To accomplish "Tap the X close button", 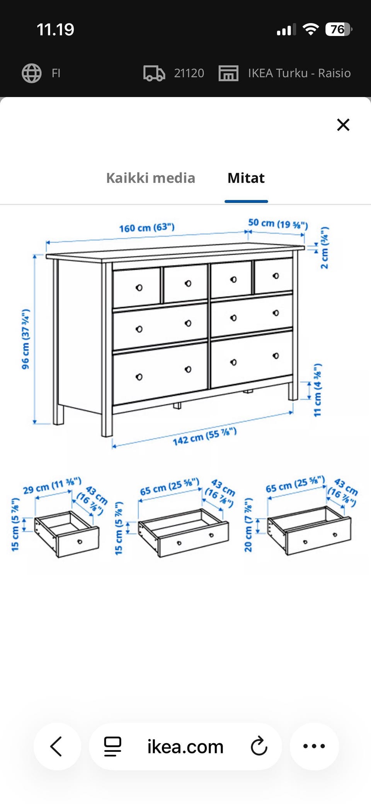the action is [343, 125].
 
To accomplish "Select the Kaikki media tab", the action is [151, 178].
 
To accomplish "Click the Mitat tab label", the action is [246, 178].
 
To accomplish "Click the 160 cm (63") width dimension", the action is [147, 227].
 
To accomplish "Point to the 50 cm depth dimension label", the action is [278, 224].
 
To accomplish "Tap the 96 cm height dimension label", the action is [26, 339].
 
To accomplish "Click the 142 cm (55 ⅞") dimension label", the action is [204, 436].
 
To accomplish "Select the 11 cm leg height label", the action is [317, 390].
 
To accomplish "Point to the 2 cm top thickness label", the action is [325, 248].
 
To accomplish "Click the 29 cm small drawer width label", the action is [52, 486].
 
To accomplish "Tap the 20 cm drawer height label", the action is [248, 525].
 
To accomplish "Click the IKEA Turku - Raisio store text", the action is [300, 73].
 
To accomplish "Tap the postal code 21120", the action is [189, 73].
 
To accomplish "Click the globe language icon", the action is [32, 73].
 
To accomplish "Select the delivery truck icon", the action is [154, 73].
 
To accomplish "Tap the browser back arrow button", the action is [57, 746].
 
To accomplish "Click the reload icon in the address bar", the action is [259, 746].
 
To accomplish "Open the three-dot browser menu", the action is [314, 746].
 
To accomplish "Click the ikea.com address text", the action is [185, 746].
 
